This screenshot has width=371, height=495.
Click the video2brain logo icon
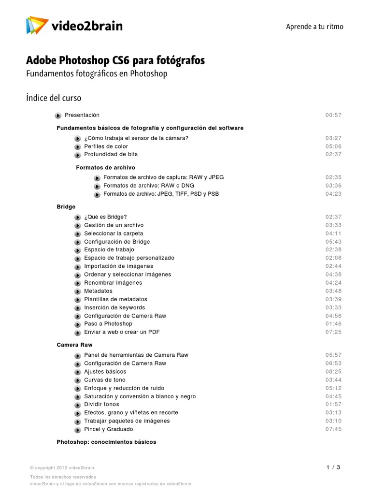tap(37, 25)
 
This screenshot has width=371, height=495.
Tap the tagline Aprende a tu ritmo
tap(314, 27)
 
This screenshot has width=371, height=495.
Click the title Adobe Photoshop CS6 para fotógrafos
tap(115, 61)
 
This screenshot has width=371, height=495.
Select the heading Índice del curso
tap(54, 98)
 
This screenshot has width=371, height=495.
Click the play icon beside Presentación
tap(58, 116)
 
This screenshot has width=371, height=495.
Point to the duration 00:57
tap(333, 115)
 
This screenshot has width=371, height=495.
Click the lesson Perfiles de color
tap(106, 146)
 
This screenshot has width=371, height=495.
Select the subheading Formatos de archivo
tap(105, 167)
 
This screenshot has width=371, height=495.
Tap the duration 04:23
tap(333, 194)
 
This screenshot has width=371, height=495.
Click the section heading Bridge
tap(66, 207)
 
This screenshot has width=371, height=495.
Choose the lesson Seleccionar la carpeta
tap(114, 233)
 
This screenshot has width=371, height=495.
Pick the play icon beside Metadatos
tap(78, 291)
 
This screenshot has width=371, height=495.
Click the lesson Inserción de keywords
tap(114, 307)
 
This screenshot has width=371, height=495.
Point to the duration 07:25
tap(333, 332)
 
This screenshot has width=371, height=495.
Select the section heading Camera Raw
tap(74, 345)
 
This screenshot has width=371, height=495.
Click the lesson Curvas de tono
tap(105, 380)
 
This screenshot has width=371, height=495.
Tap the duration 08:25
tap(333, 372)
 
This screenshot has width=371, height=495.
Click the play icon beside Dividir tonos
tap(78, 405)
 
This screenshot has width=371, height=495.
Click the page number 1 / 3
tap(333, 467)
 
